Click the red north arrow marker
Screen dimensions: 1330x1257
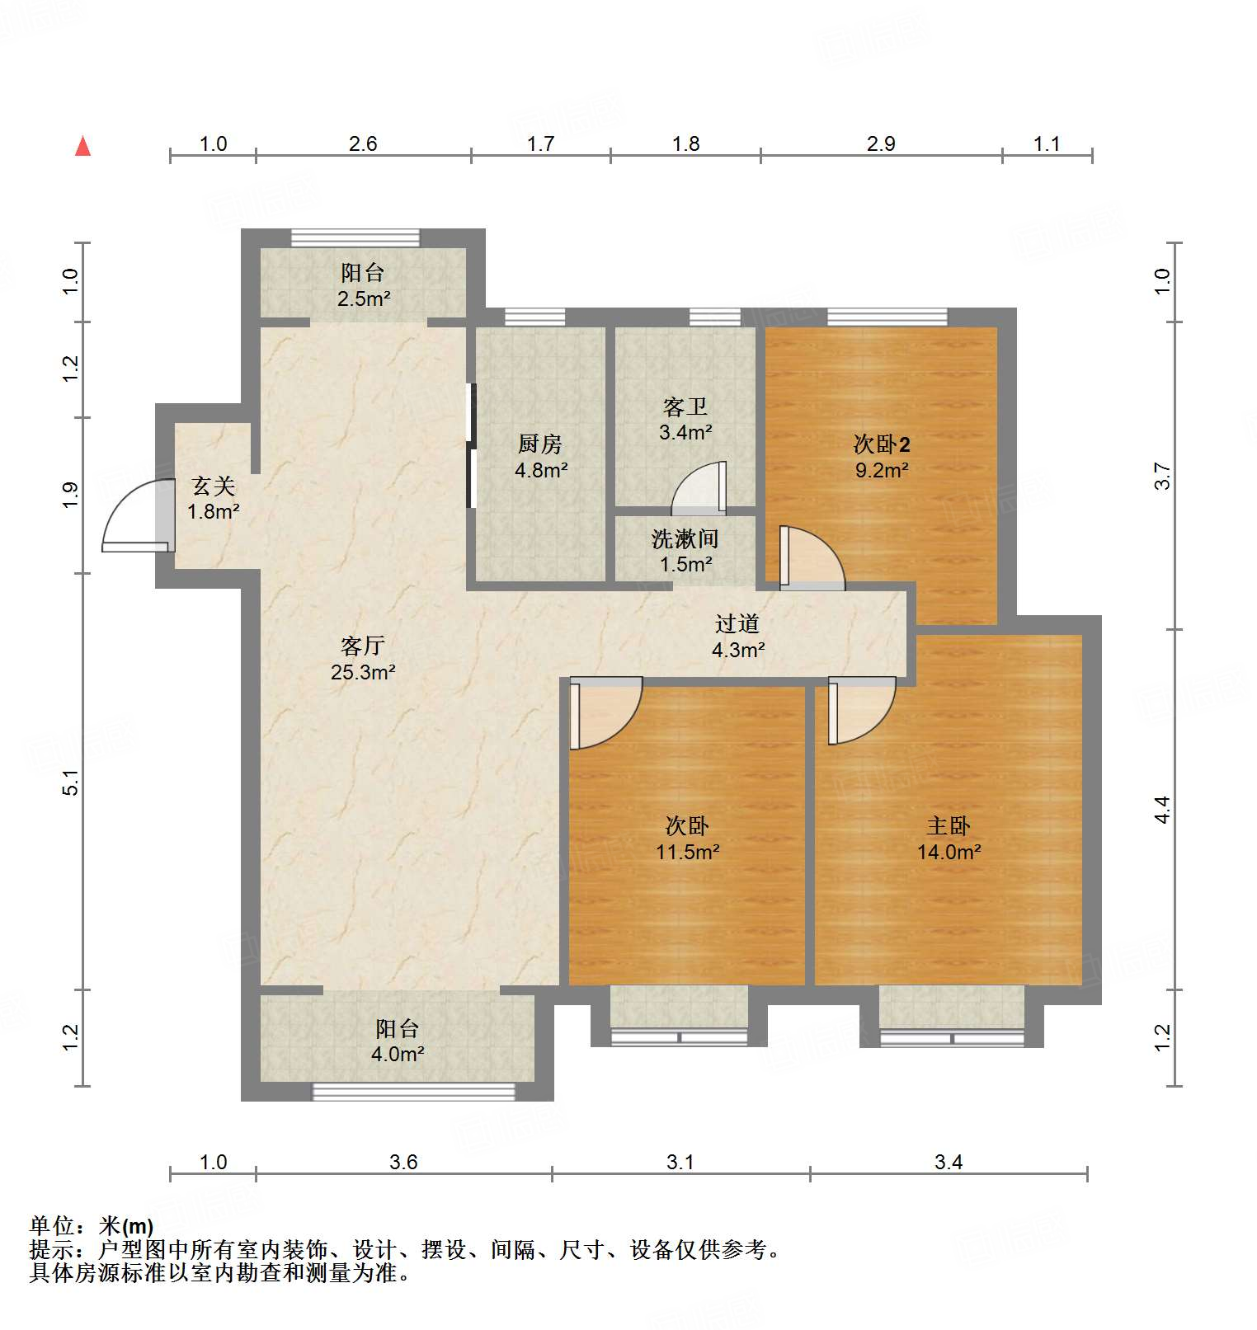pyautogui.click(x=82, y=146)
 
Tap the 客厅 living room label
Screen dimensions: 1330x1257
pyautogui.click(x=363, y=645)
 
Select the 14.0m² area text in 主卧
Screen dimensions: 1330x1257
pyautogui.click(x=949, y=852)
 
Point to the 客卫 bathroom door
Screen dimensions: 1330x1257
pyautogui.click(x=699, y=488)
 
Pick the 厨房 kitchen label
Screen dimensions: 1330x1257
pyautogui.click(x=540, y=444)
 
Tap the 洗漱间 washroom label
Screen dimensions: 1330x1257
pyautogui.click(x=685, y=538)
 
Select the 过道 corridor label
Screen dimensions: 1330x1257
pyautogui.click(x=737, y=623)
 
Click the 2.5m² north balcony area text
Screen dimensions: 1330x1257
pyautogui.click(x=363, y=298)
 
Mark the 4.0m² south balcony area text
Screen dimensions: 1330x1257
pyautogui.click(x=398, y=1054)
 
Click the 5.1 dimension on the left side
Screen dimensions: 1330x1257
pyautogui.click(x=71, y=782)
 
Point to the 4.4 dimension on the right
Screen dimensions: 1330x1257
pyautogui.click(x=1161, y=809)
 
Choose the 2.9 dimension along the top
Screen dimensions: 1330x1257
pyautogui.click(x=881, y=143)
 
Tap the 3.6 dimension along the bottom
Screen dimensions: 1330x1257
pyautogui.click(x=403, y=1162)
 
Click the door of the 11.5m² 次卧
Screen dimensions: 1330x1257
pyautogui.click(x=605, y=713)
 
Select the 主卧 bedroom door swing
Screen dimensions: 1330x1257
pyautogui.click(x=860, y=710)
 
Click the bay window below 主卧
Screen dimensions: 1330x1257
pyautogui.click(x=952, y=1037)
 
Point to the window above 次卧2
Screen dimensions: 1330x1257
pyautogui.click(x=887, y=317)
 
